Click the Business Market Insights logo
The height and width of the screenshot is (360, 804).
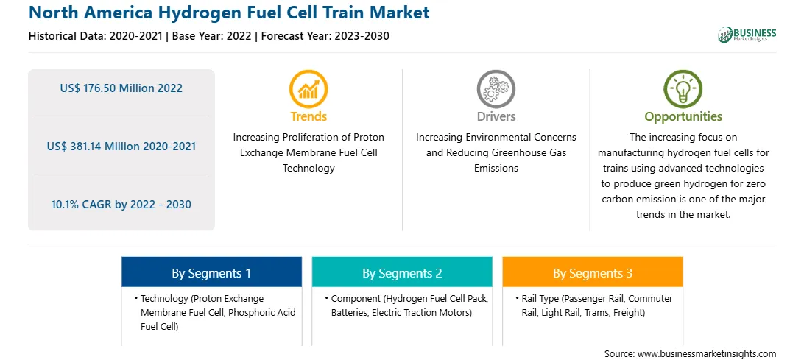[x=747, y=35]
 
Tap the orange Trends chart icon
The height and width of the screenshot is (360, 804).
[x=308, y=89]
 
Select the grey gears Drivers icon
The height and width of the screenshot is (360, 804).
[x=496, y=89]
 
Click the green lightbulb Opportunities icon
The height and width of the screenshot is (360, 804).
[x=683, y=89]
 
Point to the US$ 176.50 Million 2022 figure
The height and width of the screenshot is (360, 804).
[x=121, y=88]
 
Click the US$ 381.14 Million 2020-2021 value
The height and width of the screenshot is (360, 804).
[x=121, y=147]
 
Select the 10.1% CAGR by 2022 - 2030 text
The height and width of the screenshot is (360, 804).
[x=121, y=205]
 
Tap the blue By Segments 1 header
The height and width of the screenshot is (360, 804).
[x=212, y=272]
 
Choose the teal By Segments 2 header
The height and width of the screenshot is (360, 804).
[x=402, y=272]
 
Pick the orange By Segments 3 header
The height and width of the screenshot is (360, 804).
[x=593, y=272]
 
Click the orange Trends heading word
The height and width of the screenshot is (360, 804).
[x=308, y=116]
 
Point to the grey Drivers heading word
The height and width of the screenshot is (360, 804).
[x=496, y=116]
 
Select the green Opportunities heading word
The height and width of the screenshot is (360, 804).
[x=683, y=117]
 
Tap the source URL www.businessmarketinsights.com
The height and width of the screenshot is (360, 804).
[x=707, y=353]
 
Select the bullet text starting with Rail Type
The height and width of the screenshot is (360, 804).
[x=594, y=306]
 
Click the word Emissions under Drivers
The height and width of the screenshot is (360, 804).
[x=496, y=168]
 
